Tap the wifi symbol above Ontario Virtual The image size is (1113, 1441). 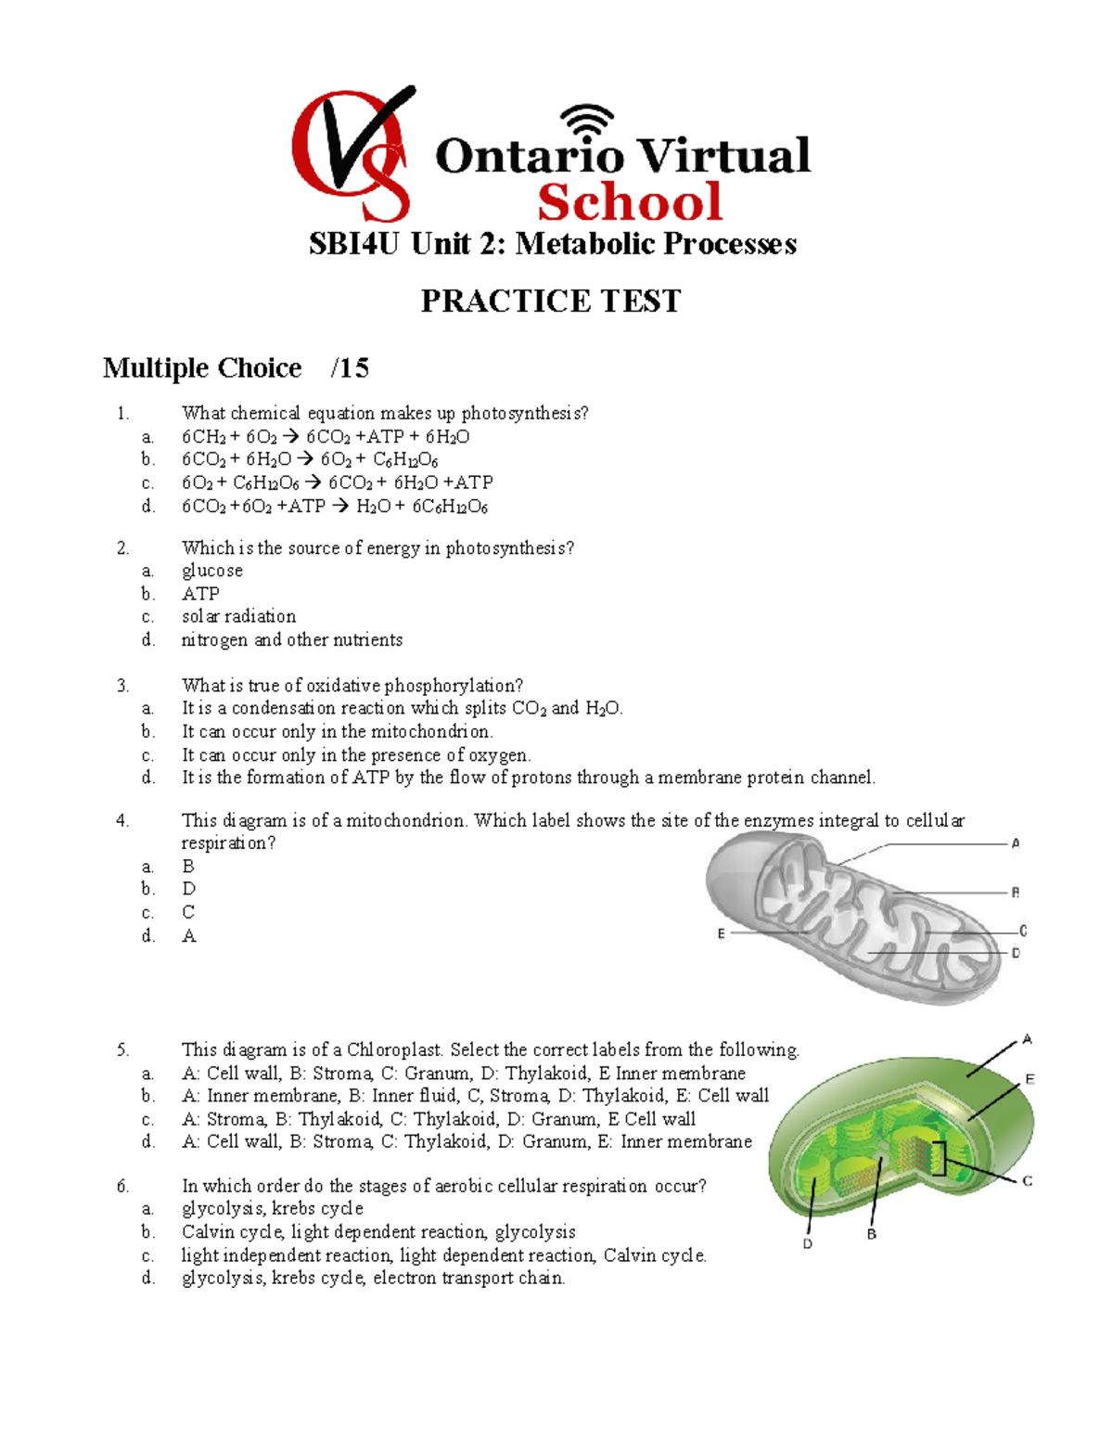coord(587,122)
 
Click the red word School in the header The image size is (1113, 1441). coord(630,202)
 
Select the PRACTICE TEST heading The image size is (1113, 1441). coord(551,301)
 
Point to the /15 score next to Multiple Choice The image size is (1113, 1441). coord(350,368)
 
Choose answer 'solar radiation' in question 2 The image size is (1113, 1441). coord(238,616)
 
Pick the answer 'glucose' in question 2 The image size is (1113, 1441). coord(212,571)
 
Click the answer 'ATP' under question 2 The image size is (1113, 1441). coord(200,594)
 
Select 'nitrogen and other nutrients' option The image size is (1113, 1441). coord(292,639)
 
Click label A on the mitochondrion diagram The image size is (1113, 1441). coord(1016,843)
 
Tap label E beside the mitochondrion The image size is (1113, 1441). coord(721,933)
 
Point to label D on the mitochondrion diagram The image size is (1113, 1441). coord(1016,953)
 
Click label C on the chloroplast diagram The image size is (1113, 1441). coord(1028,1181)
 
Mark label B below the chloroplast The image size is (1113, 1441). coord(871,1234)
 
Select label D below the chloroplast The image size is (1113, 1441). coord(807,1243)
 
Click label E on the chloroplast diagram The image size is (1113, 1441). coord(1030,1079)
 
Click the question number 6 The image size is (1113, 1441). coord(122,1186)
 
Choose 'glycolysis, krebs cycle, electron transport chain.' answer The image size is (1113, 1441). coord(373,1278)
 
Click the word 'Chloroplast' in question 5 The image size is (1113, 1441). coord(396,1049)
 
